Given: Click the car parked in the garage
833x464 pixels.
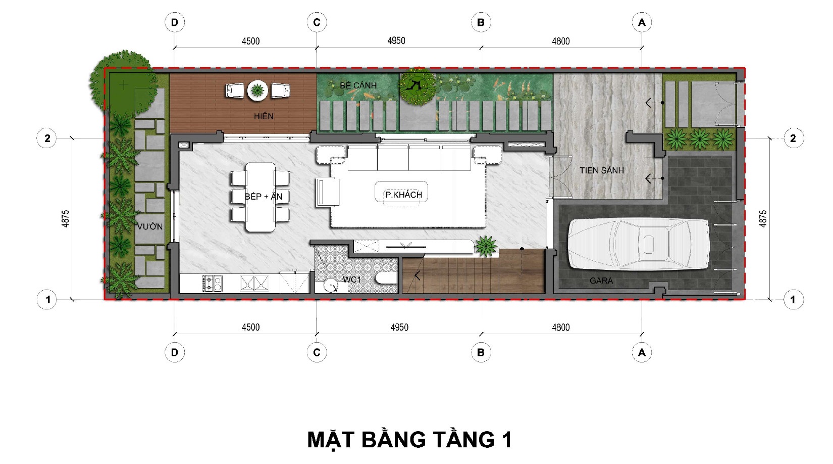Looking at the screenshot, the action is tap(639, 244).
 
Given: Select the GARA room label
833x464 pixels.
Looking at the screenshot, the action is tap(601, 281).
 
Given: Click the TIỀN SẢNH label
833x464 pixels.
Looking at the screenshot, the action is tap(601, 170).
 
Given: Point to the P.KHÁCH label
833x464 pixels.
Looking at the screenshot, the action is tap(403, 195).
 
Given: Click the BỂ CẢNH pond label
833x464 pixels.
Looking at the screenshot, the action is tap(358, 85).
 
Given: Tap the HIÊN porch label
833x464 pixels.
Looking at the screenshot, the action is tap(264, 116).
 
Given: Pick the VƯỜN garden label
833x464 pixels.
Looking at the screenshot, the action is tap(150, 226).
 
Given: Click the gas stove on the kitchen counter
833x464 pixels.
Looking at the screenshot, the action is tap(212, 283).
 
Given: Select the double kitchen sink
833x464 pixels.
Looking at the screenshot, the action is tap(254, 283).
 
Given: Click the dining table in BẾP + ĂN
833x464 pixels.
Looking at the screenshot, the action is tap(261, 197).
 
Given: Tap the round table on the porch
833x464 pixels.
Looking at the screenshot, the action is tap(257, 90).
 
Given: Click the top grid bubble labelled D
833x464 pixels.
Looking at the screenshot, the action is tap(174, 22).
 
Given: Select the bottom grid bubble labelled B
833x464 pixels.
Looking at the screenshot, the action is tap(481, 352).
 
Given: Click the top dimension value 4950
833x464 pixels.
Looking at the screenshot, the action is tap(396, 40).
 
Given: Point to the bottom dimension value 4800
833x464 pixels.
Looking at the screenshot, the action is tap(561, 328).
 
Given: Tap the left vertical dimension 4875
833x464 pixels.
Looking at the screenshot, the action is tap(65, 218).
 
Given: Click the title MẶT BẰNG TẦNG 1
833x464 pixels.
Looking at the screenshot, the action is tap(409, 440).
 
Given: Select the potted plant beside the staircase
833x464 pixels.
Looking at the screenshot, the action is tap(485, 246).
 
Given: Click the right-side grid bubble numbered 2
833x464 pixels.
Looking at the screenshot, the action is tap(793, 138).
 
